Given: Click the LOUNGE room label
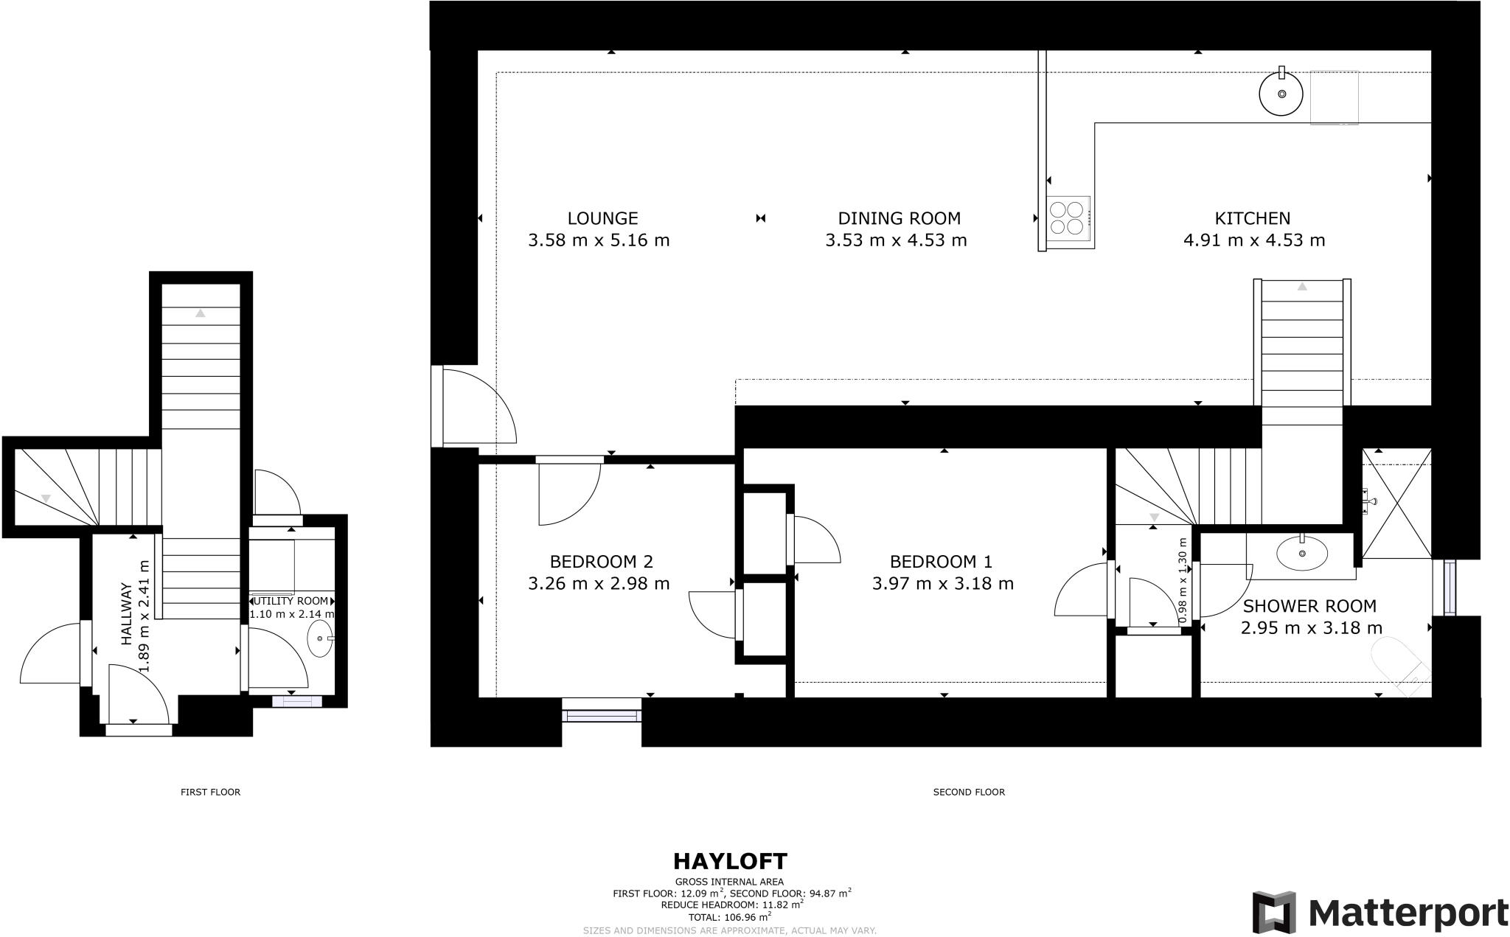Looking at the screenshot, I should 602,218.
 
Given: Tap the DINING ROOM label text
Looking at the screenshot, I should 899,218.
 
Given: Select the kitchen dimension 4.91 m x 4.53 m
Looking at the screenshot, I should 1253,240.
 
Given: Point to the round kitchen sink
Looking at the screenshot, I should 1281,94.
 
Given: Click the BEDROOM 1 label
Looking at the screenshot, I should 941,562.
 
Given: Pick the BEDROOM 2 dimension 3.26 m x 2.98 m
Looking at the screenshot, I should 599,584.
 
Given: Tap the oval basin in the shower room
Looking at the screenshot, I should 1301,553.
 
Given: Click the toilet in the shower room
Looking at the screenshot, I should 1397,663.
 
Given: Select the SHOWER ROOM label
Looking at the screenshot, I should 1309,607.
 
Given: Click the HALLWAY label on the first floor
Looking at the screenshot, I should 126,616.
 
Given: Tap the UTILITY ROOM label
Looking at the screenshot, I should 290,601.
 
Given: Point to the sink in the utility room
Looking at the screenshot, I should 319,638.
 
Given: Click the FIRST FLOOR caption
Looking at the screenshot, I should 210,792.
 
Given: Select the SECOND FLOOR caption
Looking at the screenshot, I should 968,792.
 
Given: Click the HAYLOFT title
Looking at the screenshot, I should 729,861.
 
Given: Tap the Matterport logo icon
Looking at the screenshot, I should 1273,913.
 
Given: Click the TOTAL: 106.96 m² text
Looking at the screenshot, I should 729,916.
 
